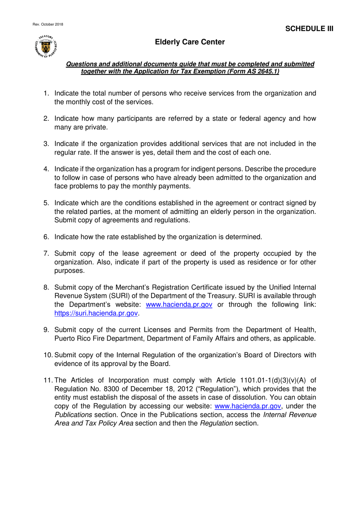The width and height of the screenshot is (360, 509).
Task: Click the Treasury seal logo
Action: click(46, 46)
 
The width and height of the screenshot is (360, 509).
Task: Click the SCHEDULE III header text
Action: click(309, 29)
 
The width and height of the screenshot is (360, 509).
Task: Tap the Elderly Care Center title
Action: click(190, 42)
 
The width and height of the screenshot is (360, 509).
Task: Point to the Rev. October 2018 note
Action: click(48, 24)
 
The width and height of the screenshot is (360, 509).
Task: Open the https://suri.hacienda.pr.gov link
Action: click(96, 313)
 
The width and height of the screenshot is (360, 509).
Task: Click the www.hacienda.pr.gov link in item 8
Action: click(179, 305)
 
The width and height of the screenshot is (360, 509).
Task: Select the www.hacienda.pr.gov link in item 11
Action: click(247, 406)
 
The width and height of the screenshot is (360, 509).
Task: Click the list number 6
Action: click(46, 237)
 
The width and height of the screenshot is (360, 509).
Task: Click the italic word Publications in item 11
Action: click(73, 415)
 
